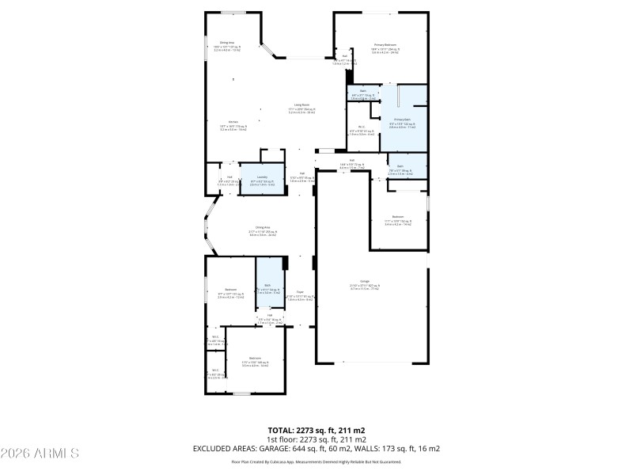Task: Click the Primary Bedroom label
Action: (385, 45)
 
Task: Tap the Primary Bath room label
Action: (403, 120)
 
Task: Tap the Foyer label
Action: (300, 291)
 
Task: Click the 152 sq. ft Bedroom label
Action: (398, 217)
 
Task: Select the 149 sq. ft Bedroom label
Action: (255, 358)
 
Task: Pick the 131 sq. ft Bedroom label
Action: (231, 290)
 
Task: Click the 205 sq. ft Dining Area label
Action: (252, 227)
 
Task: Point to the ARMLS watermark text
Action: (40, 454)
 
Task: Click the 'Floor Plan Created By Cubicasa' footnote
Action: (316, 461)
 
